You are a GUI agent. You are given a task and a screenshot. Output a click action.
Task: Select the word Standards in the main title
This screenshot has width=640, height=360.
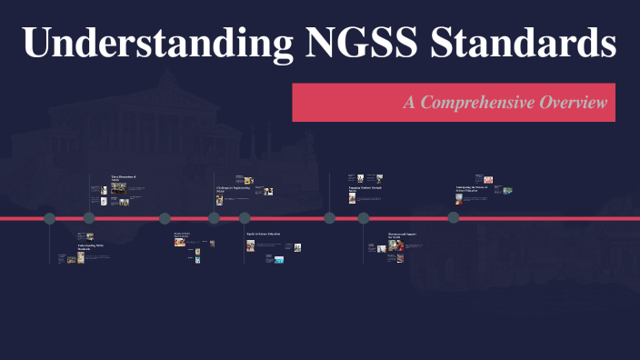(x=515, y=44)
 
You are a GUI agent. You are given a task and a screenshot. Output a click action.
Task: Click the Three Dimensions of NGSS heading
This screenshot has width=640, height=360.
(x=123, y=178)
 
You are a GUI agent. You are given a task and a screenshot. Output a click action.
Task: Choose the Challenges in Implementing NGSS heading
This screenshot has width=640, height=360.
(x=231, y=190)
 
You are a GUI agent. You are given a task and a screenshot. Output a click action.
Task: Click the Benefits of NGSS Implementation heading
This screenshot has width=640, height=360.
(x=183, y=235)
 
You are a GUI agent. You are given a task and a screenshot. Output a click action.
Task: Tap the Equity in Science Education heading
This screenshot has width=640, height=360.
(x=264, y=235)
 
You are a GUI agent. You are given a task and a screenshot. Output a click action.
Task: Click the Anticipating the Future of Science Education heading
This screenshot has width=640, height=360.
(x=472, y=189)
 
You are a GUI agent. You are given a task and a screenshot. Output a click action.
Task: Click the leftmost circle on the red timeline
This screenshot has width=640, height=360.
(x=50, y=218)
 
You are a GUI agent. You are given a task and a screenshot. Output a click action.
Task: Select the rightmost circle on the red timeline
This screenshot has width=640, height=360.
(x=454, y=218)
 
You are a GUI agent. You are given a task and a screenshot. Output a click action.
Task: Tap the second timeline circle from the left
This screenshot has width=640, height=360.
(x=89, y=218)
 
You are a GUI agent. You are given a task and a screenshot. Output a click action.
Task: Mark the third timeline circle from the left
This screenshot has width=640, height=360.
(x=165, y=218)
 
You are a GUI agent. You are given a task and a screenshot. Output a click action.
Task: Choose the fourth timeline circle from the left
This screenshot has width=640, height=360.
(x=215, y=218)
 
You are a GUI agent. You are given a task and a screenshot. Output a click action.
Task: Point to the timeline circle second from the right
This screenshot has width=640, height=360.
(x=364, y=218)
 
